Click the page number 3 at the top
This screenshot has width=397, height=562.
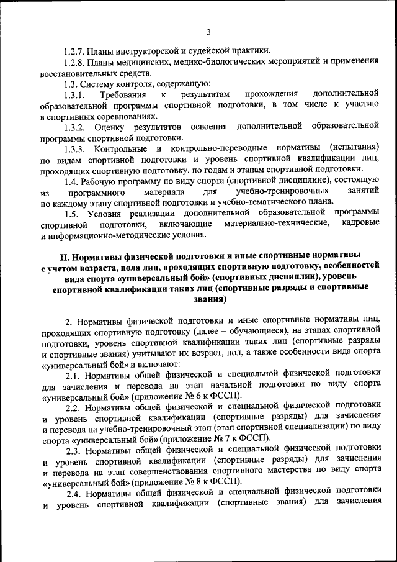click(x=208, y=33)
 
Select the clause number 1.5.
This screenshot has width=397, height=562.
click(x=73, y=214)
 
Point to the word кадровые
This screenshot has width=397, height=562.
click(x=360, y=225)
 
